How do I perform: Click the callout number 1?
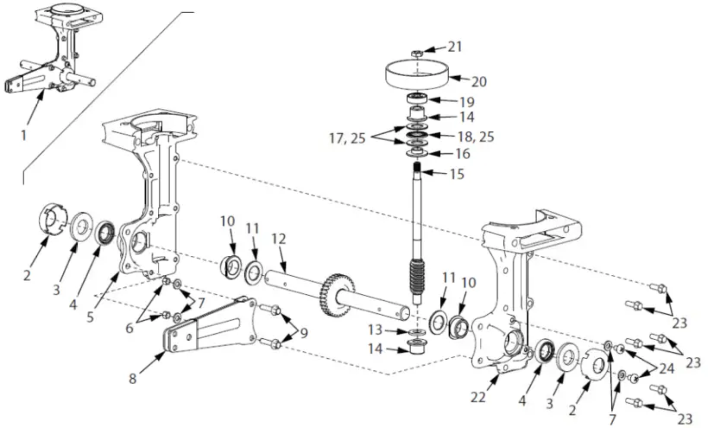coord(24,135)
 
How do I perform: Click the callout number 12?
coord(278,239)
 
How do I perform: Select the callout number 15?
coord(457,174)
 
